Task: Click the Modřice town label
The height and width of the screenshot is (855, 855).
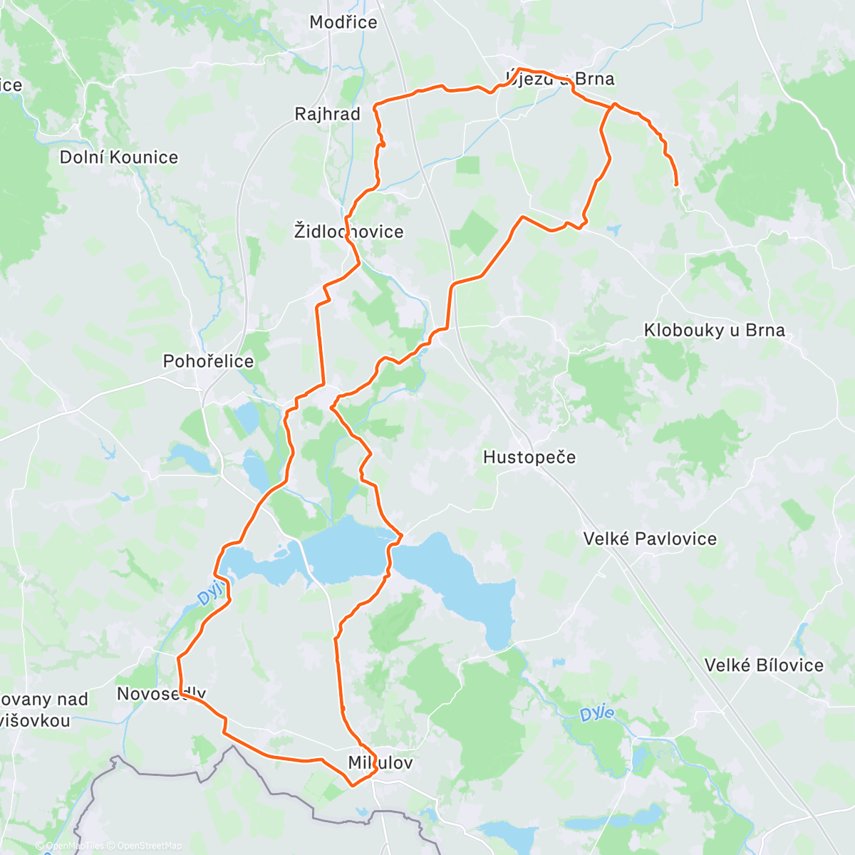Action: (343, 22)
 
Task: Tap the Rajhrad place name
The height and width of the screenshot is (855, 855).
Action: (327, 114)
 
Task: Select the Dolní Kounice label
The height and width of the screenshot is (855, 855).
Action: (119, 157)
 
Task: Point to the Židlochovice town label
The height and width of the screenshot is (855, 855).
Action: (348, 232)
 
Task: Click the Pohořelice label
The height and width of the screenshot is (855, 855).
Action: (208, 361)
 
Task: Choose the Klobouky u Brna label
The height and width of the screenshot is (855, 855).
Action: (714, 331)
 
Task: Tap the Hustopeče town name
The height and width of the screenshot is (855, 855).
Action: (529, 457)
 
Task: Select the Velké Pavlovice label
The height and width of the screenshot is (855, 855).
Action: (650, 539)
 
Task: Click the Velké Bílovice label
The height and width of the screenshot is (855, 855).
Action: (764, 665)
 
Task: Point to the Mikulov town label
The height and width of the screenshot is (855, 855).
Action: (380, 763)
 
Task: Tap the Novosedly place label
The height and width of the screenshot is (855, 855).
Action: (161, 694)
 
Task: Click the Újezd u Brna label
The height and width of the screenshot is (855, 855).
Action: (559, 78)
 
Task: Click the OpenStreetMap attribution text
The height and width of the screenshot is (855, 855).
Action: (149, 846)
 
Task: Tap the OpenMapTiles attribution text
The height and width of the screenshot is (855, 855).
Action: (74, 846)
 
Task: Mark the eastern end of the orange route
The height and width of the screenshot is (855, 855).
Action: (675, 185)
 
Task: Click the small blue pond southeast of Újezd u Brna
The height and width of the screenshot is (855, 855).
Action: (613, 229)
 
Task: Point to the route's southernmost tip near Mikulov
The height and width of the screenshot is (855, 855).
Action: (351, 786)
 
